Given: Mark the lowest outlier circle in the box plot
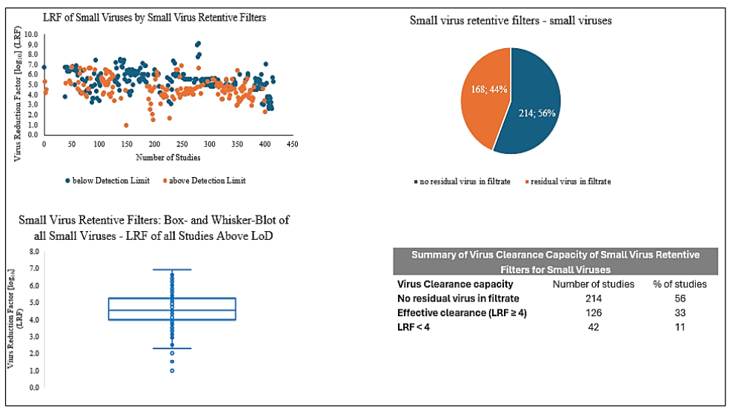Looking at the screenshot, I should pyautogui.click(x=173, y=370).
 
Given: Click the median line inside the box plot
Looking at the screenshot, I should pyautogui.click(x=172, y=310).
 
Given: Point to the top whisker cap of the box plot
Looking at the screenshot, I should pyautogui.click(x=172, y=270).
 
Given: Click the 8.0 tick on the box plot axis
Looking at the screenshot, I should pyautogui.click(x=34, y=252).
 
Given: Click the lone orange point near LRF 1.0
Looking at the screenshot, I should pyautogui.click(x=126, y=125).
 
